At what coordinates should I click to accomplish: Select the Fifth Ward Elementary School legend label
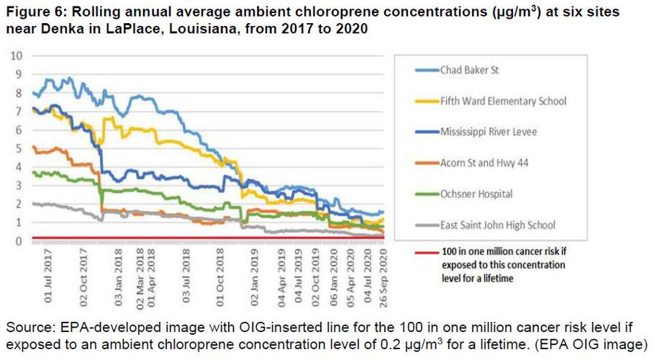point(503,102)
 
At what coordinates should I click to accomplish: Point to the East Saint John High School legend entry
point(498,225)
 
